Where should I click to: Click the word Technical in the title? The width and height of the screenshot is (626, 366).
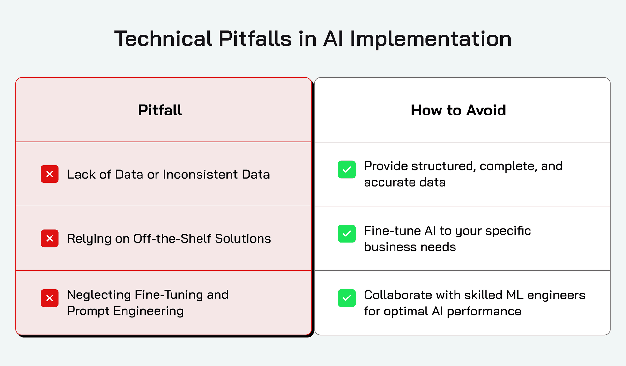pos(163,38)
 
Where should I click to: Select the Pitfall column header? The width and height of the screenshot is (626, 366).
pos(160,110)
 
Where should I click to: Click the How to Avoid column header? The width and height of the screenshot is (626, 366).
pos(458,110)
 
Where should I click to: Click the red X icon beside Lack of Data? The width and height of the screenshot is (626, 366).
pos(50,174)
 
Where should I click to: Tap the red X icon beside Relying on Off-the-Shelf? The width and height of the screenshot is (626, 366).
pos(50,238)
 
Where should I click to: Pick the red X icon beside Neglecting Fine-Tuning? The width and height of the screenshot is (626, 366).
pos(50,298)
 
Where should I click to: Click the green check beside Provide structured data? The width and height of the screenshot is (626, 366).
pos(347,170)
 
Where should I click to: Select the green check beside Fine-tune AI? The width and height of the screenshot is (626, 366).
pos(347,234)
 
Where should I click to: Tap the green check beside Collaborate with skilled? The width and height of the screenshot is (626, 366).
pos(347,298)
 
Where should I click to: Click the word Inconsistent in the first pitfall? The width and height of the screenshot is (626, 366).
pos(201,175)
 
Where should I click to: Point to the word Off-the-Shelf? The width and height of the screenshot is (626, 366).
pos(172,238)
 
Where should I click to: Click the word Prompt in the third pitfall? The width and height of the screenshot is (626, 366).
pos(88,311)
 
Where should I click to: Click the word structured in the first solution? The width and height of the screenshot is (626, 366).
pos(443,166)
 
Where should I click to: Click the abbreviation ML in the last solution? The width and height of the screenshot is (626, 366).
pos(515,295)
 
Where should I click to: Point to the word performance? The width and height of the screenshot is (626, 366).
pos(484,312)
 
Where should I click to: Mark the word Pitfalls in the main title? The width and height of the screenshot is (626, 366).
pos(255,38)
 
